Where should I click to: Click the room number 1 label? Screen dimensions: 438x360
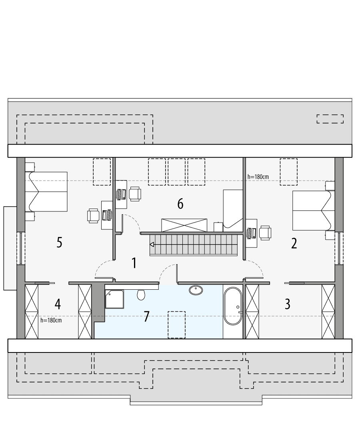click(134, 263)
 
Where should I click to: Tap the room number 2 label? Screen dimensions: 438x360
click(294, 243)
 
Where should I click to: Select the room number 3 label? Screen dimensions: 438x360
click(288, 304)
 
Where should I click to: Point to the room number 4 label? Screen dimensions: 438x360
click(58, 305)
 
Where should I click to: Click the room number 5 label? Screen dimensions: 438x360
click(59, 243)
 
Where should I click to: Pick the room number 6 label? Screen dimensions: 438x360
click(180, 204)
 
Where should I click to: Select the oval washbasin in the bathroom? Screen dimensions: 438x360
click(196, 290)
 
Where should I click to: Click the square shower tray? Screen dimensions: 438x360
click(114, 299)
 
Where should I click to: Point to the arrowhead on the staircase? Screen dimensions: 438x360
click(152, 245)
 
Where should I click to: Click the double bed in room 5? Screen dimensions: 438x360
click(46, 191)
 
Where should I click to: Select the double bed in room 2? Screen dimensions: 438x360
click(312, 210)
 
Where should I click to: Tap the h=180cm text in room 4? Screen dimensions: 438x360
click(51, 320)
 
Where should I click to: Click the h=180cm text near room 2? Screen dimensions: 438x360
click(258, 176)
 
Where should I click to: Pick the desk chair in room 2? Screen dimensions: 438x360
click(265, 233)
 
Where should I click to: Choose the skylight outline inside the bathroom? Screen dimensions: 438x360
click(176, 325)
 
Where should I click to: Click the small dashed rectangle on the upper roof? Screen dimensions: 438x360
click(330, 119)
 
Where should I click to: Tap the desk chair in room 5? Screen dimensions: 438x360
click(94, 215)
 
